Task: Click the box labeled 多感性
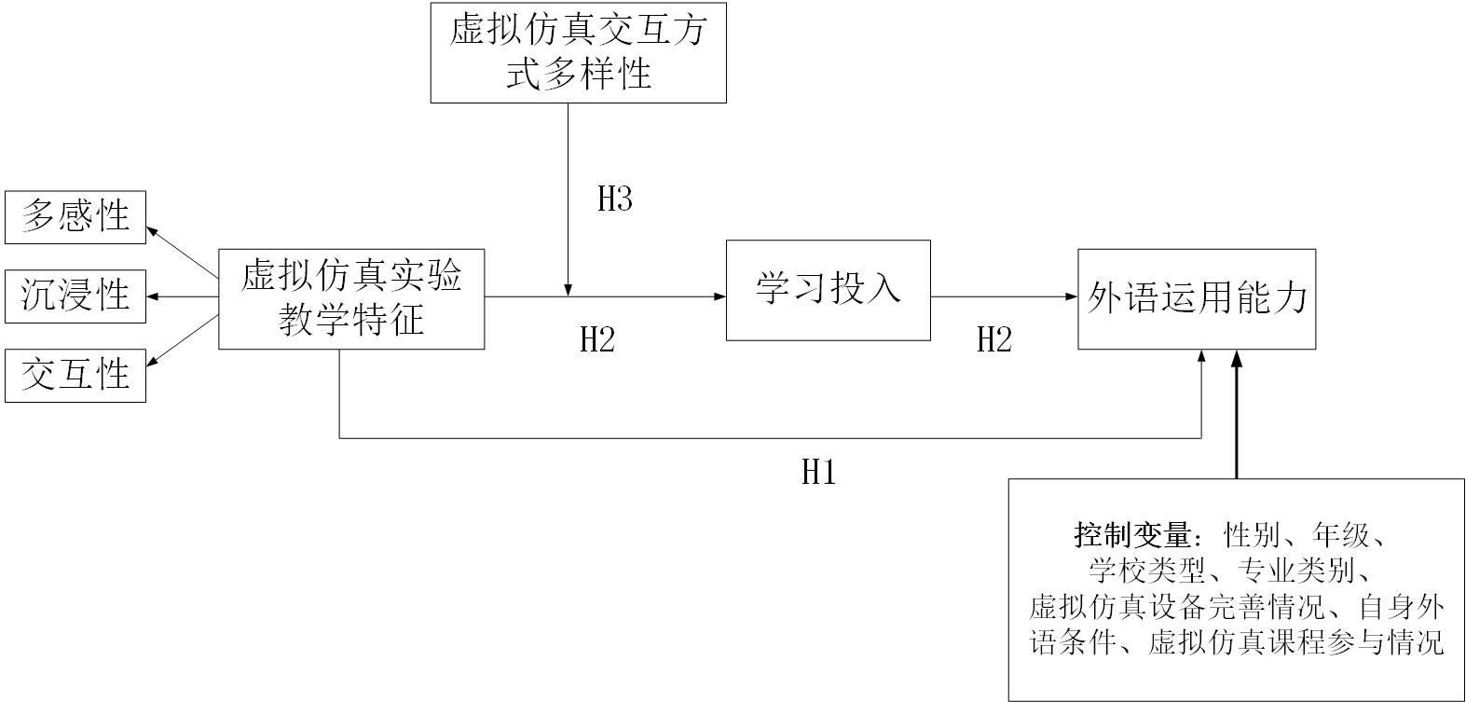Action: (x=75, y=216)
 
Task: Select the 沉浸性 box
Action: (x=75, y=296)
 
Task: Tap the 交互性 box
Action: (x=75, y=375)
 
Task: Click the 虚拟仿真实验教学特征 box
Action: (x=351, y=298)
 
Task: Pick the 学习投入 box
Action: (x=828, y=290)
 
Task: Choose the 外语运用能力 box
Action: (x=1197, y=298)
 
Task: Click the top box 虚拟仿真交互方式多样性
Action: (x=578, y=52)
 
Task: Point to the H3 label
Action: (x=615, y=199)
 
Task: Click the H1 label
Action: (x=819, y=473)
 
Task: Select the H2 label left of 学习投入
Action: (x=597, y=340)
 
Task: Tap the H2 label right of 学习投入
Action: (x=994, y=340)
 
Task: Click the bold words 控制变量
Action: (x=1132, y=536)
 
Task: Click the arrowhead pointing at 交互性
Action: (x=153, y=364)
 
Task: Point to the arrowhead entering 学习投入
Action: (x=720, y=296)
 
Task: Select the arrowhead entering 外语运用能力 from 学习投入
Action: (x=1073, y=296)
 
